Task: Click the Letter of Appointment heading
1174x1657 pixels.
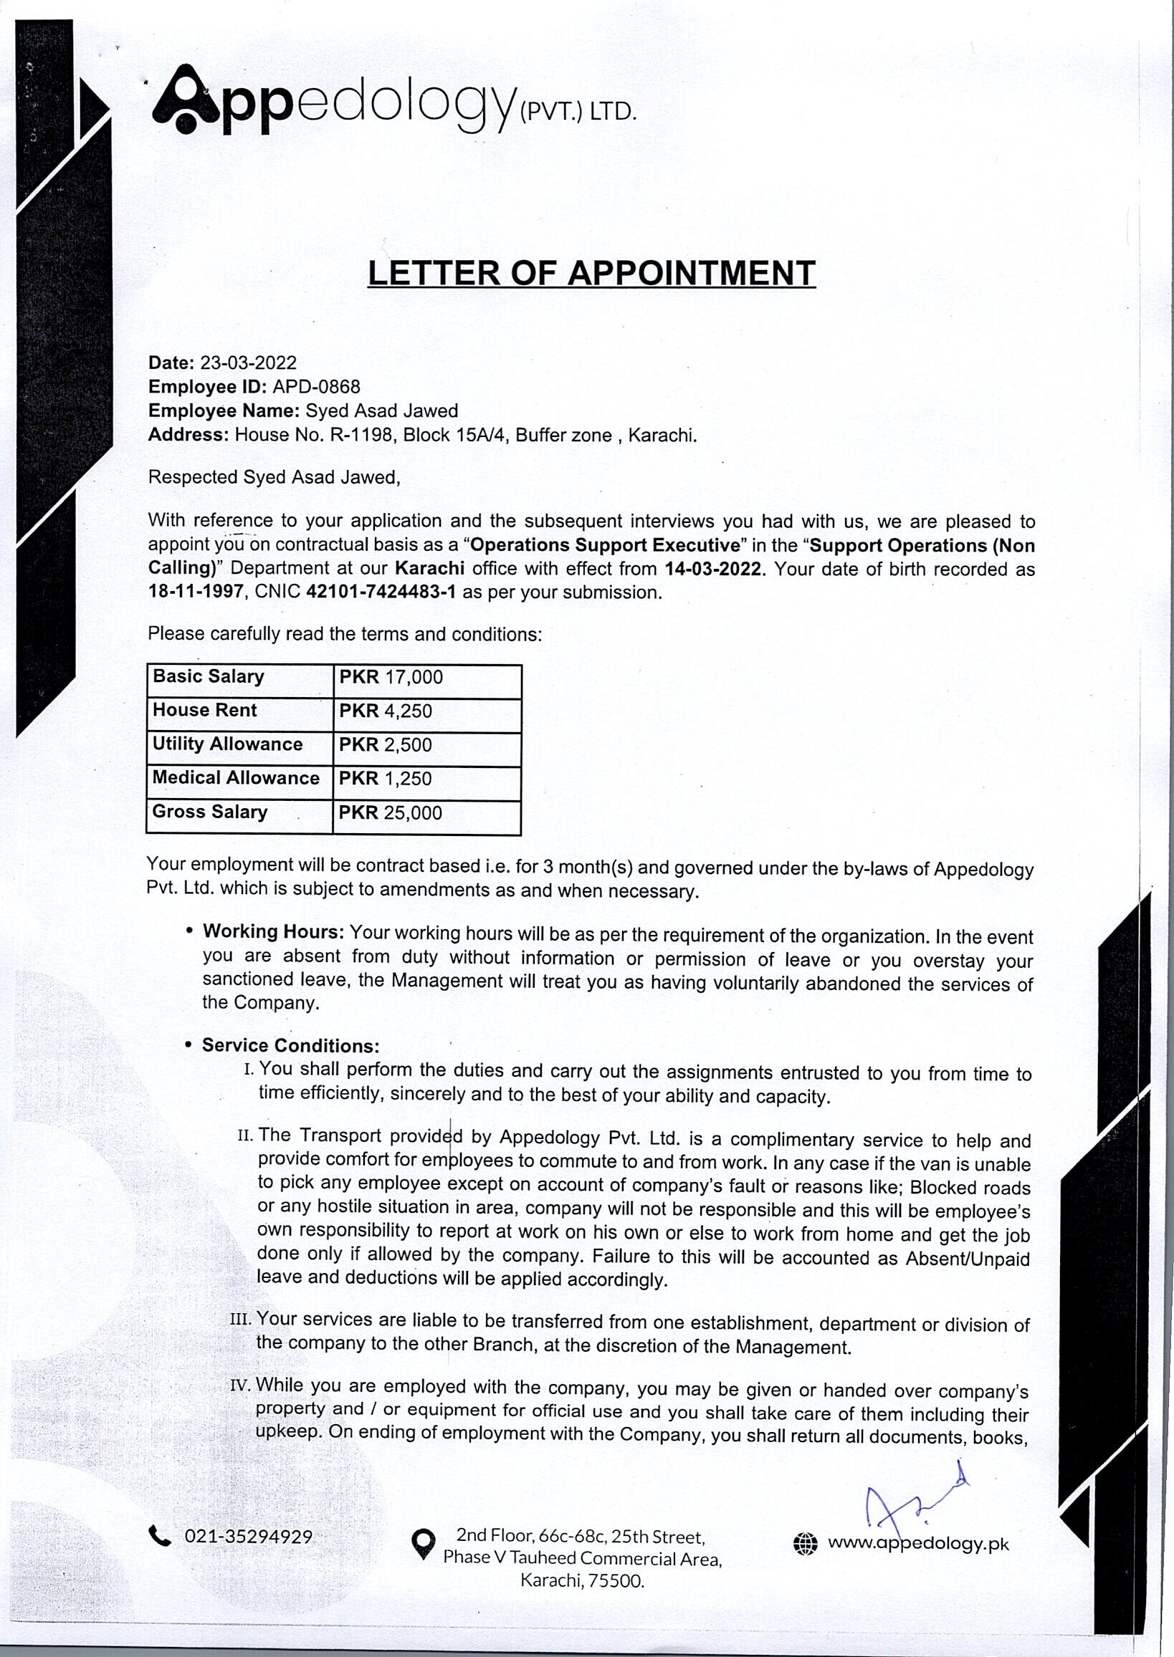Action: click(591, 273)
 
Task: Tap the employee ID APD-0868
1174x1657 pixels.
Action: click(317, 387)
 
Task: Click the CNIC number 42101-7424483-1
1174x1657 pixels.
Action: click(381, 592)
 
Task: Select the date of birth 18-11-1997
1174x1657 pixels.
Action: click(195, 592)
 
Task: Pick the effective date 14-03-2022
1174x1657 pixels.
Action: click(712, 569)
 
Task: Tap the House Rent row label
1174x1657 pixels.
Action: click(204, 711)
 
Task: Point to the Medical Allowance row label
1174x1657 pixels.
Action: click(236, 778)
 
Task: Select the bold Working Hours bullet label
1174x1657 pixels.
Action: click(274, 931)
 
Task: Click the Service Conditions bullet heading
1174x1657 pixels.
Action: click(290, 1046)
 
